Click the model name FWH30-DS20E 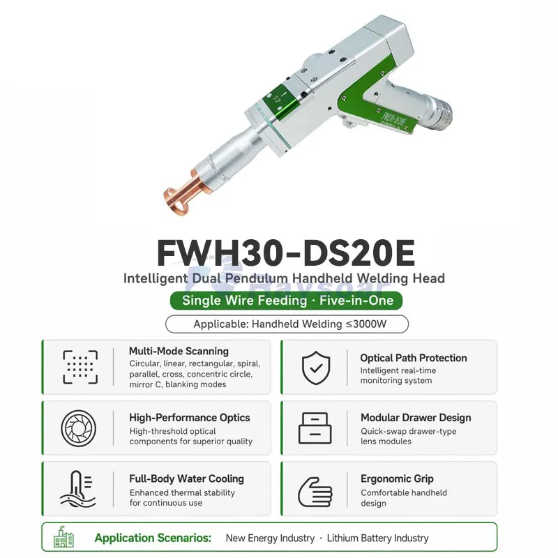click(x=286, y=253)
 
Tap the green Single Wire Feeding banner click(x=286, y=301)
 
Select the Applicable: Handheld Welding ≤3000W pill click(x=287, y=324)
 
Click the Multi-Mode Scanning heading click(x=179, y=352)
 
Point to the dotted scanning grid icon click(x=80, y=368)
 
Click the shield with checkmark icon click(x=316, y=368)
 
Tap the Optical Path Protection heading click(x=414, y=358)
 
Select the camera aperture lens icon click(x=79, y=428)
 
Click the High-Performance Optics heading click(x=190, y=418)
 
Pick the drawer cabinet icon click(x=315, y=428)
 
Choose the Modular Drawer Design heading click(x=416, y=418)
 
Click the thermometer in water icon click(x=77, y=489)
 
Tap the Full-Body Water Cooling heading click(x=186, y=479)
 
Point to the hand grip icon click(x=315, y=492)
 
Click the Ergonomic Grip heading click(x=397, y=479)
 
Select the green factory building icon click(x=63, y=536)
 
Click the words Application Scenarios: click(x=153, y=538)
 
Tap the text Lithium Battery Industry click(x=377, y=538)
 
